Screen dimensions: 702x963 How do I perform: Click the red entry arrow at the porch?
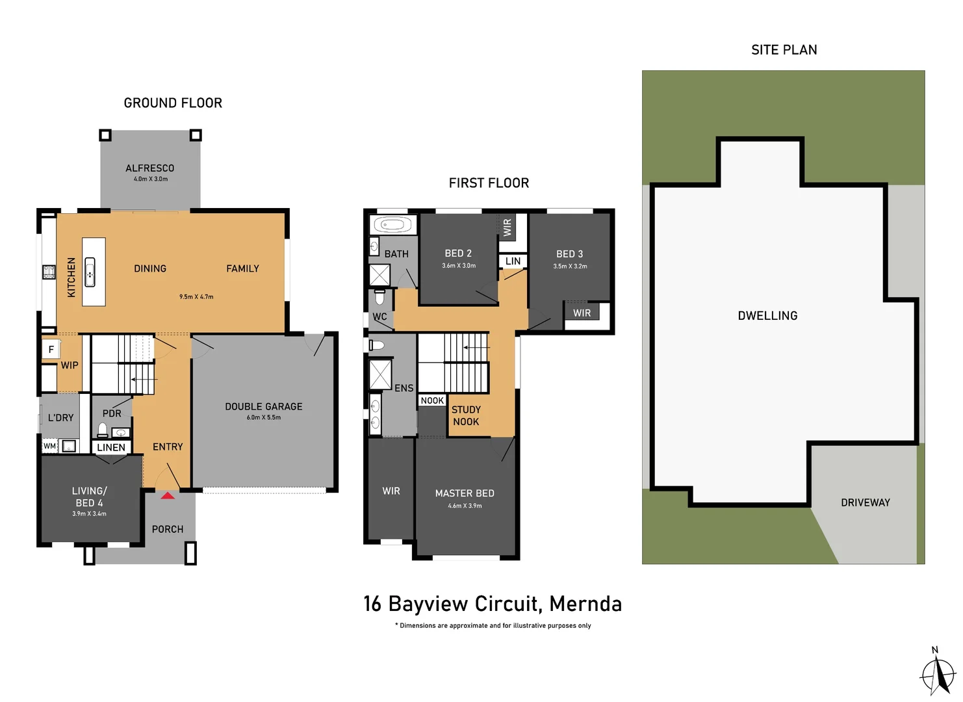[x=168, y=495]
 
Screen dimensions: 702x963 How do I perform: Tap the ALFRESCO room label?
[x=150, y=168]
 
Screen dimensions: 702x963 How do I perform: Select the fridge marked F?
[x=51, y=350]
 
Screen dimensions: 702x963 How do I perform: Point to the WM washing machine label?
[x=49, y=446]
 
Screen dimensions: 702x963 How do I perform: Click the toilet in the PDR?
[x=103, y=429]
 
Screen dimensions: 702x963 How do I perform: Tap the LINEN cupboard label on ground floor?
[x=111, y=447]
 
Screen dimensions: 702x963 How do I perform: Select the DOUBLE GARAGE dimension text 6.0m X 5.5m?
[x=264, y=417]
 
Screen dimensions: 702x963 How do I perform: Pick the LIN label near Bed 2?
[x=513, y=261]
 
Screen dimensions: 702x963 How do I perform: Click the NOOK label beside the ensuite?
[x=432, y=400]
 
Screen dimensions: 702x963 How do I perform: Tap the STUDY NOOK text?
[x=466, y=415]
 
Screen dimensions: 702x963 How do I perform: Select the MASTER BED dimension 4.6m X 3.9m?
[x=465, y=506]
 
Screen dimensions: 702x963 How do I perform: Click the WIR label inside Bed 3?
[x=582, y=313]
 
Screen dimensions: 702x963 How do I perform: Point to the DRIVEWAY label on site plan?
[x=865, y=502]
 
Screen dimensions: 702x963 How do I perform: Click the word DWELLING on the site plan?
[x=767, y=316]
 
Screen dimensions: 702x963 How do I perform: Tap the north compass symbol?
[x=937, y=673]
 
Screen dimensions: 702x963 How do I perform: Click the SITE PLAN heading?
[x=784, y=50]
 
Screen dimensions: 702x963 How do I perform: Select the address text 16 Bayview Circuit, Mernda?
[x=492, y=604]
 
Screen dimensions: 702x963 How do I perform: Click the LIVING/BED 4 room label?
[x=90, y=497]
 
